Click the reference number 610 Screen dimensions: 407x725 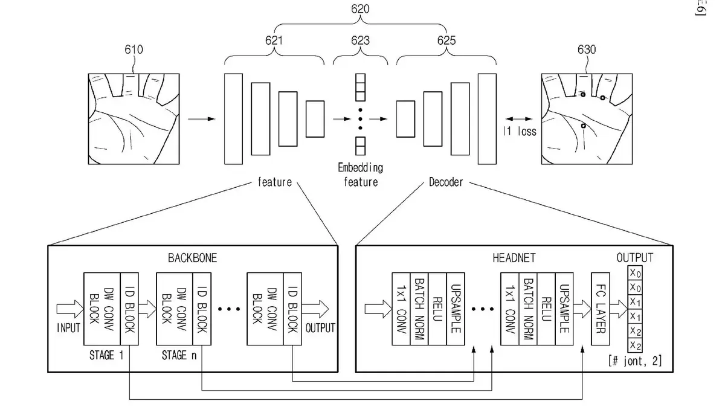(134, 50)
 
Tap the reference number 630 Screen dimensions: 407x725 (586, 50)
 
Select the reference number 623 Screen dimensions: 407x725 (360, 41)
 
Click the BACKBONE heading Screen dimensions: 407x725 (192, 257)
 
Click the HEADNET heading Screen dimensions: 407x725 (514, 257)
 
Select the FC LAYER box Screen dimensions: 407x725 (599, 309)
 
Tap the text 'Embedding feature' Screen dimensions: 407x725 (361, 175)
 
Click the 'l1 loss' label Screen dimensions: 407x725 (520, 132)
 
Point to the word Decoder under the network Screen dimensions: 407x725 (446, 182)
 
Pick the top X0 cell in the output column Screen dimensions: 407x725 (635, 272)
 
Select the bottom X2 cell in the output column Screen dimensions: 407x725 (635, 345)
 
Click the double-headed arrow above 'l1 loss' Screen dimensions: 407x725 (520, 118)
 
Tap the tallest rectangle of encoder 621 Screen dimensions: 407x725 (233, 118)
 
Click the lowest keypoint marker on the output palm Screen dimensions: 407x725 (583, 126)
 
